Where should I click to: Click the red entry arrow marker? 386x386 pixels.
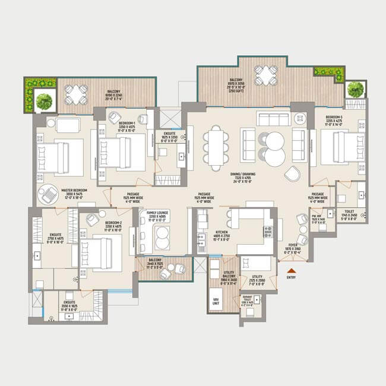pyautogui.click(x=290, y=271)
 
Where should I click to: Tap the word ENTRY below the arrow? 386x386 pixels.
pyautogui.click(x=290, y=278)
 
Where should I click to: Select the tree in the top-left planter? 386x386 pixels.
pyautogui.click(x=43, y=102)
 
